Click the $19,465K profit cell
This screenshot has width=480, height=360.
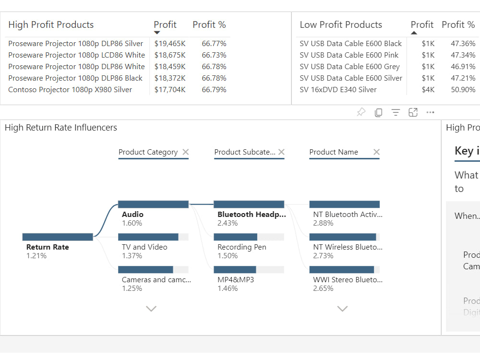(x=169, y=44)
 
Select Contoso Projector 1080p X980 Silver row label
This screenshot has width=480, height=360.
(x=70, y=90)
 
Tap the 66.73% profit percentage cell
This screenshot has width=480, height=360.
(x=214, y=55)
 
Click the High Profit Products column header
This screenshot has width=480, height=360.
(x=51, y=25)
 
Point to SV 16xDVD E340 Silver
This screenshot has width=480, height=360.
(x=338, y=90)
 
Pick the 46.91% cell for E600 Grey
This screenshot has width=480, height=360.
(x=463, y=67)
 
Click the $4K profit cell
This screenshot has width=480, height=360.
(x=428, y=90)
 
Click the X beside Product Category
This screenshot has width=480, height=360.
(x=186, y=152)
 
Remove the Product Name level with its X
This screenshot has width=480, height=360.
(x=376, y=152)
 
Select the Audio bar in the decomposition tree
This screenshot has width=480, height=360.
(x=153, y=204)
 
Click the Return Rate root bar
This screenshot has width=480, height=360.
(x=58, y=237)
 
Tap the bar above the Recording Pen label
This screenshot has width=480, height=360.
(x=236, y=237)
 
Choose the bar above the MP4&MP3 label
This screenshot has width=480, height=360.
(x=235, y=270)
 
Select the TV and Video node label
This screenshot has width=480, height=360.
(x=144, y=247)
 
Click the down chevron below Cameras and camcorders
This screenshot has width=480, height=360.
(x=151, y=309)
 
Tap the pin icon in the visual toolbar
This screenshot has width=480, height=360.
(x=361, y=112)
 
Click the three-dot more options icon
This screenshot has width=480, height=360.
(x=430, y=112)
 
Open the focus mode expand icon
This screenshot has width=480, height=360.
(x=413, y=112)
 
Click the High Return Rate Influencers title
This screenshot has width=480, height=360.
(x=61, y=128)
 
